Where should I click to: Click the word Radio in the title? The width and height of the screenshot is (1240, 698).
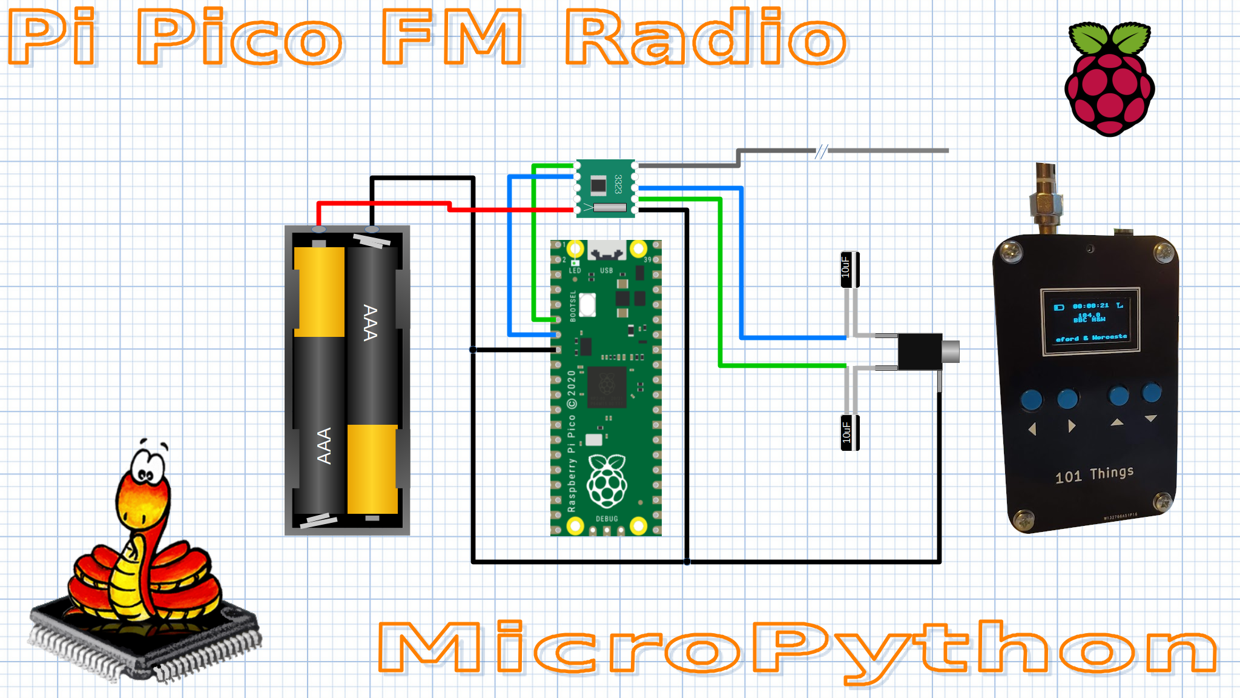[705, 38]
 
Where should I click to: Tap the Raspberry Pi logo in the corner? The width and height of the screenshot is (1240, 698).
[1110, 79]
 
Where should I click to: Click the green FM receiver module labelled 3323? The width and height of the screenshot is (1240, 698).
[605, 188]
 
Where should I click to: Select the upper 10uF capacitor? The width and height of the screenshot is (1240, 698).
[849, 269]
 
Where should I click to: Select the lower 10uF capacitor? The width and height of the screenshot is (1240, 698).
[849, 433]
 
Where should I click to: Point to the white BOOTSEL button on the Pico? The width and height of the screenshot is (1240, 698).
[587, 305]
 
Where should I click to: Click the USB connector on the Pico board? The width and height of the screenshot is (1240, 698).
[607, 250]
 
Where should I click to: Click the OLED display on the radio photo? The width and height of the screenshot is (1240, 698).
[1090, 321]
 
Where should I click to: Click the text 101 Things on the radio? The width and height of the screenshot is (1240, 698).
[1094, 474]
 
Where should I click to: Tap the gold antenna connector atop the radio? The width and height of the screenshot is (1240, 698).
[1046, 200]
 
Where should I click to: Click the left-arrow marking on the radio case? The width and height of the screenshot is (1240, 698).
[1032, 429]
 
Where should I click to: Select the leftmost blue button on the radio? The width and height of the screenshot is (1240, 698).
[1031, 399]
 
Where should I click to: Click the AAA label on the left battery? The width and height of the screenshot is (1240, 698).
[324, 445]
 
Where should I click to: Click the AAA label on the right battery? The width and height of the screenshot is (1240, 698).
[370, 322]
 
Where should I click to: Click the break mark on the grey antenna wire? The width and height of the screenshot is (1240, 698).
[820, 151]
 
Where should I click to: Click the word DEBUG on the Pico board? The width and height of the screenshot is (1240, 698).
[607, 519]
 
